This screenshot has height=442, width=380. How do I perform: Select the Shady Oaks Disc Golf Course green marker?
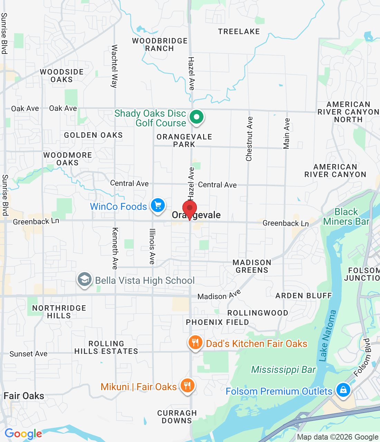(196, 117)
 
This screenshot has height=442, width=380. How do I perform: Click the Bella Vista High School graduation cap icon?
(85, 279)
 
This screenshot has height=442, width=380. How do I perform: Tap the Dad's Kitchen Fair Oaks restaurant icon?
(195, 343)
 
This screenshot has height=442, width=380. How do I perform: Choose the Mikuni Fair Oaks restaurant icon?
(187, 386)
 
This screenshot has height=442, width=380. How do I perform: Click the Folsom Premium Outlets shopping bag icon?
(343, 390)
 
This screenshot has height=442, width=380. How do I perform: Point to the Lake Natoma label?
(327, 336)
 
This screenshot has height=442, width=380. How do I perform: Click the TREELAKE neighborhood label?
(239, 31)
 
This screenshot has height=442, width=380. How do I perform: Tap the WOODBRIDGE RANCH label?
(160, 45)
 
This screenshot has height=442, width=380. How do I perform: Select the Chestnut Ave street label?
(249, 139)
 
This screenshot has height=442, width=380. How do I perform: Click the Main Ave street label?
(287, 134)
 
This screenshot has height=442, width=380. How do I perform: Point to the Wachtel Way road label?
(114, 66)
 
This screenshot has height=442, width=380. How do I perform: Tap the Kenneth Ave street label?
(115, 248)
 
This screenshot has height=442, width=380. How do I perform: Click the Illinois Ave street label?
(152, 247)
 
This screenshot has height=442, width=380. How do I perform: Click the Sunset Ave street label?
(28, 354)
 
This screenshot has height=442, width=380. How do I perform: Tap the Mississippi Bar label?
(283, 370)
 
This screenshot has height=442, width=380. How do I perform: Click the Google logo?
(23, 434)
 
